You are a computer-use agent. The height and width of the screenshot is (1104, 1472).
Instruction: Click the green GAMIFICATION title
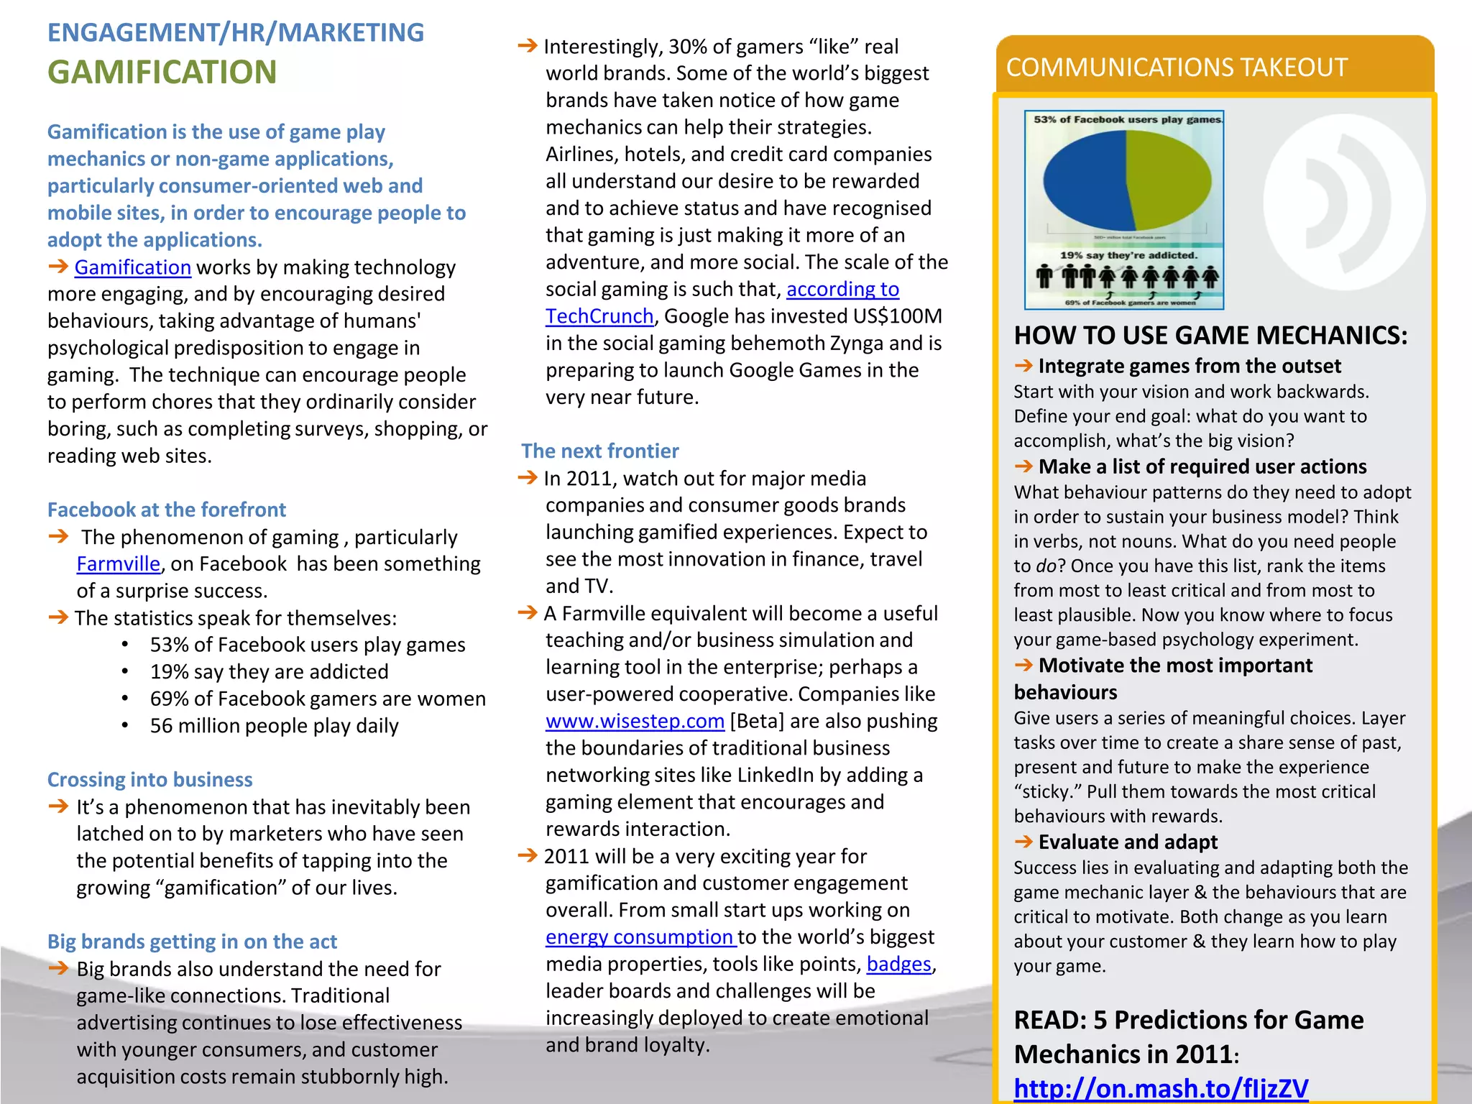tap(162, 72)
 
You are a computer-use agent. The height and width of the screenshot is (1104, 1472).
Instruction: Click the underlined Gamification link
tap(132, 267)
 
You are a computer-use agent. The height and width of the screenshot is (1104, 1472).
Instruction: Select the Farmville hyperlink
tap(118, 564)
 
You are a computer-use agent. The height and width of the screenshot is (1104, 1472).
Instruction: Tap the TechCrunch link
tap(599, 316)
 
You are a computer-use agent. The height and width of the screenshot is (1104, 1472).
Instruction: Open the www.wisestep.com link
tap(635, 721)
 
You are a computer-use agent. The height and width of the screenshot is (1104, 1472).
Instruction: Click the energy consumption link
tap(639, 937)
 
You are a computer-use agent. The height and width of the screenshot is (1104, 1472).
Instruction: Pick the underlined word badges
tap(898, 964)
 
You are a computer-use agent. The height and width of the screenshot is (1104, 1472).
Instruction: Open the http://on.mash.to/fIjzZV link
tap(1160, 1088)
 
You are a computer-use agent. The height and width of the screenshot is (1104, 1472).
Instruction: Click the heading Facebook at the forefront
tap(166, 510)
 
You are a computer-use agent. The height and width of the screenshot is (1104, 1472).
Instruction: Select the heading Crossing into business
tap(149, 780)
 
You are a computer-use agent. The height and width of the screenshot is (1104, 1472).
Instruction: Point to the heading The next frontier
tap(599, 451)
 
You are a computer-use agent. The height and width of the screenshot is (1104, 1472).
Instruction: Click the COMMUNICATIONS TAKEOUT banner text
tap(1176, 67)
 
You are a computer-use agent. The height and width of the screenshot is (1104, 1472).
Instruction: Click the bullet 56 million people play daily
tap(274, 726)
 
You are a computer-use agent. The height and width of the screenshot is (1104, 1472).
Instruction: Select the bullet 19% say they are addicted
tap(269, 672)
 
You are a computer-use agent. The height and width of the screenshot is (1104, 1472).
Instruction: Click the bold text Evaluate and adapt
tap(1128, 842)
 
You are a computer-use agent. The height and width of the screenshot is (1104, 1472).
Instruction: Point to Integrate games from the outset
tap(1190, 366)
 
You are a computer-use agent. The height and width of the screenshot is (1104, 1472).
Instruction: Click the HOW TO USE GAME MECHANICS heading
tap(1210, 335)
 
